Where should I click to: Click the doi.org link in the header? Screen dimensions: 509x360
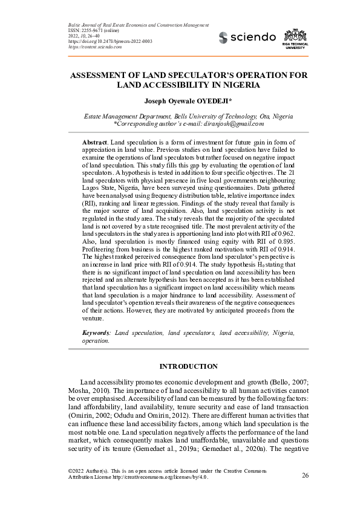[101, 41]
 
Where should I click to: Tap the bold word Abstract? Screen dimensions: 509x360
[94, 141]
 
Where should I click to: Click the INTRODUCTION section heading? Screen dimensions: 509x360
[188, 366]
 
